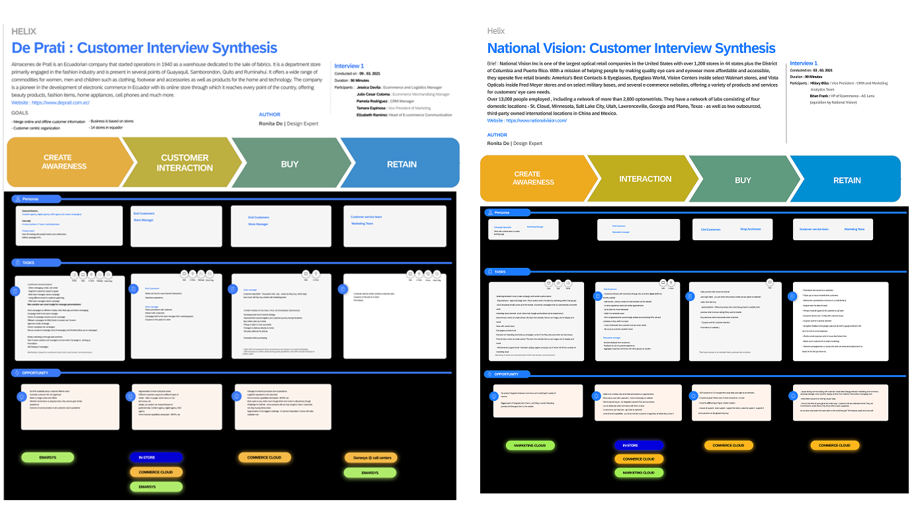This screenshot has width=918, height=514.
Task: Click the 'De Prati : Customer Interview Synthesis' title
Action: tap(144, 48)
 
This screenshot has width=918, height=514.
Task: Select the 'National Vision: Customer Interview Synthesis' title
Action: tap(631, 48)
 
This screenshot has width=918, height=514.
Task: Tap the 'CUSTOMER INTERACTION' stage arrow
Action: tap(185, 163)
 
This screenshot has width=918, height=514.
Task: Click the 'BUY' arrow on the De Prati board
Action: tap(290, 164)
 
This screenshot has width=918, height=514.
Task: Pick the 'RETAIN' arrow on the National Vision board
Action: tap(847, 180)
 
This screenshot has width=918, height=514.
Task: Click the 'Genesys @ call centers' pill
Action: tap(370, 458)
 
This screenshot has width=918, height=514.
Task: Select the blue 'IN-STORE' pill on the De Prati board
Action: tap(156, 457)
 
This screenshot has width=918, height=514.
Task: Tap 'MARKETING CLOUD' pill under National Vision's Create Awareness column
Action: tap(530, 445)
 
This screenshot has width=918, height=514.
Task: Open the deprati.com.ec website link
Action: tap(60, 103)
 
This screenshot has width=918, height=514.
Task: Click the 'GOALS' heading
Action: tap(20, 113)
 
